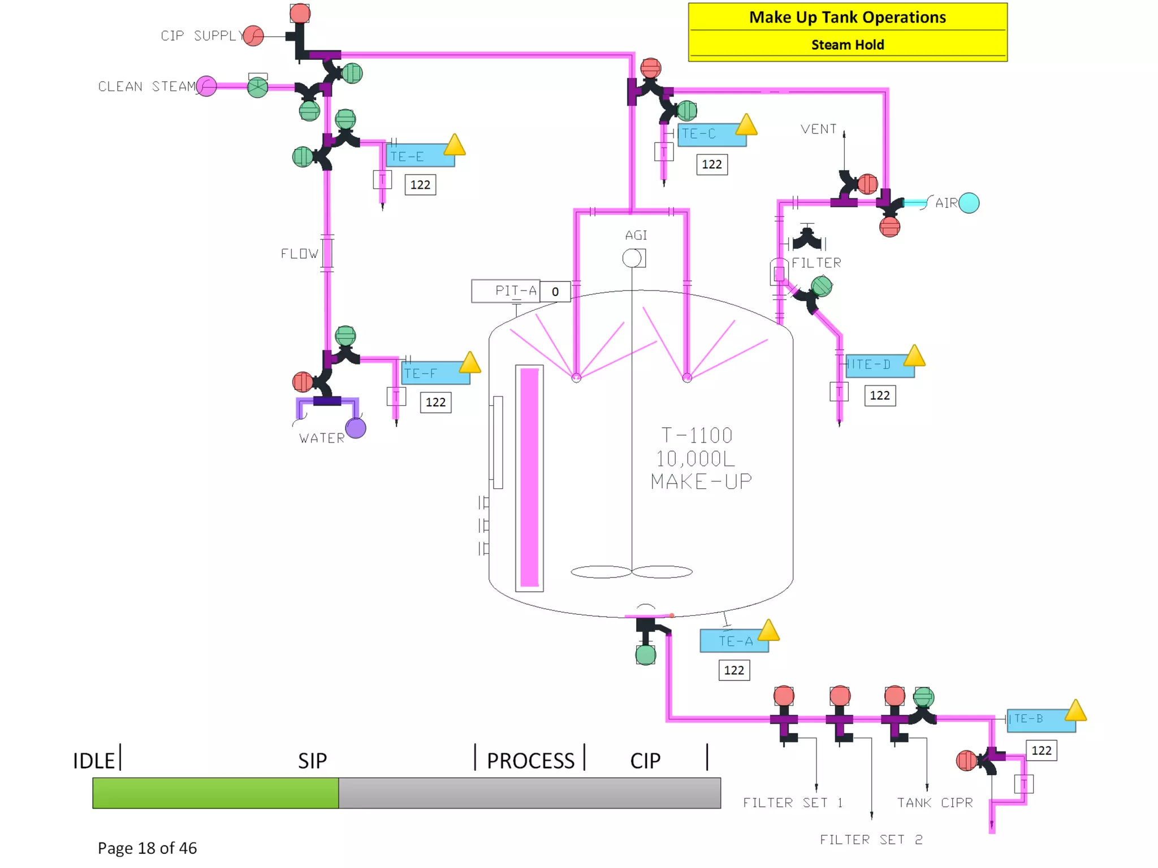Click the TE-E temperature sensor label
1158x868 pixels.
pyautogui.click(x=420, y=156)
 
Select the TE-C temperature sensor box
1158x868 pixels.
pyautogui.click(x=711, y=134)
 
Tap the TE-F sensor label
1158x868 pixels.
pyautogui.click(x=435, y=374)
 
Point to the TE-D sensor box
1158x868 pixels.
pyautogui.click(x=879, y=365)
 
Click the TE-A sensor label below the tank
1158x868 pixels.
pyautogui.click(x=734, y=641)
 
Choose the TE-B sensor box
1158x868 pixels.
pyautogui.click(x=1040, y=719)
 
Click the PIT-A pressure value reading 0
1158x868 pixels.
pyautogui.click(x=555, y=292)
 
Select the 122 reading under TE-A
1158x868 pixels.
pyautogui.click(x=734, y=670)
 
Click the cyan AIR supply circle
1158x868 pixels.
pyautogui.click(x=969, y=203)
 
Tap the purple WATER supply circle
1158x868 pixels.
pyautogui.click(x=356, y=428)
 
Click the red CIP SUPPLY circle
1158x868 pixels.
pyautogui.click(x=254, y=36)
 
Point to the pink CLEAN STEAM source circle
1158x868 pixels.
pyautogui.click(x=207, y=86)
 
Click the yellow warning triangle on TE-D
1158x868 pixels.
pyautogui.click(x=914, y=356)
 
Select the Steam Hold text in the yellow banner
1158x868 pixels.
pyautogui.click(x=847, y=45)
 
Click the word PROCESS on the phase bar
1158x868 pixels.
pyautogui.click(x=530, y=761)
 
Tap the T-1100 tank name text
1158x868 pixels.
pyautogui.click(x=697, y=435)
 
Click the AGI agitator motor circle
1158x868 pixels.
pyautogui.click(x=632, y=258)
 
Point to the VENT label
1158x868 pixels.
pyautogui.click(x=818, y=129)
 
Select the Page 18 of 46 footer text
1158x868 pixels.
pyautogui.click(x=147, y=848)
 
